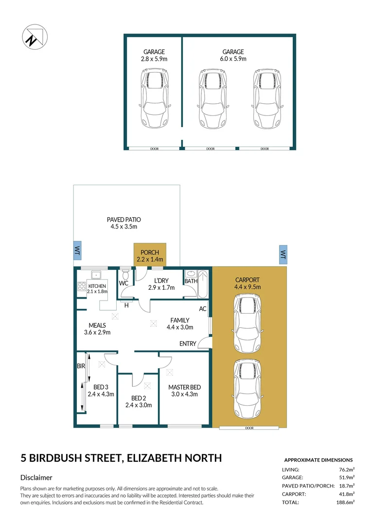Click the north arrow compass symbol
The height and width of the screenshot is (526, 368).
pyautogui.click(x=35, y=37)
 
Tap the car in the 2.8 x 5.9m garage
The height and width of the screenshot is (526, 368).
pyautogui.click(x=154, y=97)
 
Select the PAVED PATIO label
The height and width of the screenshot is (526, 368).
pyautogui.click(x=124, y=220)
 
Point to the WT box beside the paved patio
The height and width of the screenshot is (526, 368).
pyautogui.click(x=77, y=250)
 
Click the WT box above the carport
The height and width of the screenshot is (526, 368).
pyautogui.click(x=282, y=255)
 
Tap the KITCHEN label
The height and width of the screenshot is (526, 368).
pyautogui.click(x=97, y=285)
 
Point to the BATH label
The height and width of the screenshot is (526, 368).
pyautogui.click(x=191, y=281)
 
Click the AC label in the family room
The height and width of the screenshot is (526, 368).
pyautogui.click(x=203, y=309)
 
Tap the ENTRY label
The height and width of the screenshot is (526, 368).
pyautogui.click(x=188, y=344)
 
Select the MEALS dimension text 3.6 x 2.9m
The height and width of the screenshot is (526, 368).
pyautogui.click(x=97, y=333)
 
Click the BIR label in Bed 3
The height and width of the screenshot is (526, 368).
pyautogui.click(x=81, y=365)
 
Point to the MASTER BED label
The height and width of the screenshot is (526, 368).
pyautogui.click(x=185, y=387)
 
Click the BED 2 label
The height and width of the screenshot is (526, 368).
pyautogui.click(x=139, y=398)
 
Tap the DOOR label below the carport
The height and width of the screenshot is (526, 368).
pyautogui.click(x=249, y=428)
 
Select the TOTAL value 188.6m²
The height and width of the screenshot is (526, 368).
pyautogui.click(x=345, y=502)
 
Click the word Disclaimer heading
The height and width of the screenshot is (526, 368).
pyautogui.click(x=36, y=478)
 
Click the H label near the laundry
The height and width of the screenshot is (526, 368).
pyautogui.click(x=126, y=305)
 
